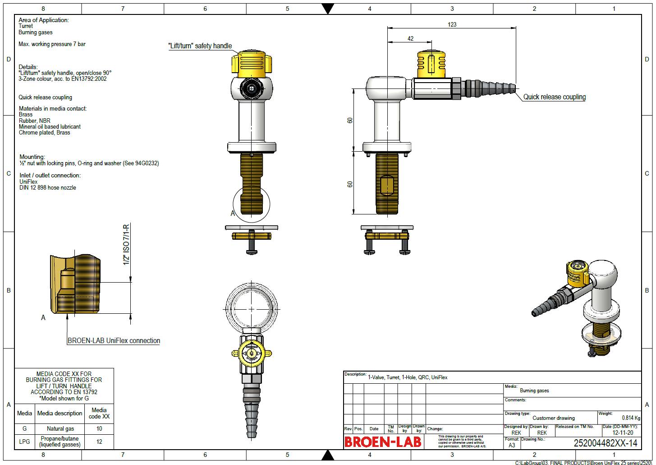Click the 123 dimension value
[452, 24]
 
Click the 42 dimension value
[410, 39]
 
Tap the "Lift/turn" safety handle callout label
[200, 46]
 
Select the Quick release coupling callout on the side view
[554, 97]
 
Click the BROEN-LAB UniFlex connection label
[114, 341]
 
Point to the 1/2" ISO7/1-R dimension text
[126, 245]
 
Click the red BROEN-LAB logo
[383, 442]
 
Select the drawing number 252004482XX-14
[605, 443]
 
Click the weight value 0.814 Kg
[631, 418]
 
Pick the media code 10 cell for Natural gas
[99, 428]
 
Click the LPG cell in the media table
[24, 441]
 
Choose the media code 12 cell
[99, 441]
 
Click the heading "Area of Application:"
[44, 20]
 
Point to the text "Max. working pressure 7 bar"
[52, 44]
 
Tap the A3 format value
[512, 445]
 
